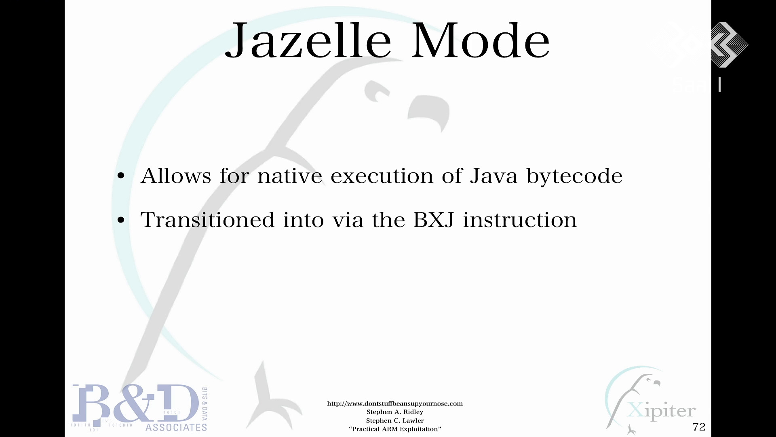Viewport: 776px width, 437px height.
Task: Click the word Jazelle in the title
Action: point(308,41)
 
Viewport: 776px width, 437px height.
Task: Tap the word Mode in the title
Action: point(481,40)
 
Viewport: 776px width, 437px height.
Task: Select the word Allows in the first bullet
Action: point(176,176)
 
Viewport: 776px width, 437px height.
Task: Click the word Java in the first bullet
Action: point(493,176)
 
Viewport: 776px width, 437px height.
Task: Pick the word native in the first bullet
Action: point(290,176)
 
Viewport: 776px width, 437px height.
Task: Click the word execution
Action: point(382,176)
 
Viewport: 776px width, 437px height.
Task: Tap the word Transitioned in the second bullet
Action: point(207,220)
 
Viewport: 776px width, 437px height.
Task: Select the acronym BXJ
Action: point(434,220)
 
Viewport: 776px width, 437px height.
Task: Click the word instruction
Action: point(520,220)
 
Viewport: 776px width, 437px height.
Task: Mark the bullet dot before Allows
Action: point(121,176)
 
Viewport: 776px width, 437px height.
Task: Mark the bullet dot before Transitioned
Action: point(121,220)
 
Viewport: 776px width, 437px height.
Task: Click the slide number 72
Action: point(699,427)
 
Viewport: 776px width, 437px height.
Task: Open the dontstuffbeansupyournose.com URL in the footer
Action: point(395,403)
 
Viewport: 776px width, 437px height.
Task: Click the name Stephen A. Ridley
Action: point(395,412)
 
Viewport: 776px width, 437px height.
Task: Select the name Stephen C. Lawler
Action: point(395,421)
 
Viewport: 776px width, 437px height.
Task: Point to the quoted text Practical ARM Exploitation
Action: point(395,429)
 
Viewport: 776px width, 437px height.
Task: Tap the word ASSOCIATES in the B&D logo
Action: point(176,428)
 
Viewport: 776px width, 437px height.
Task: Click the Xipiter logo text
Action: point(662,411)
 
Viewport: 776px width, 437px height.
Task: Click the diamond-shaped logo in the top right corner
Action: point(729,45)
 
